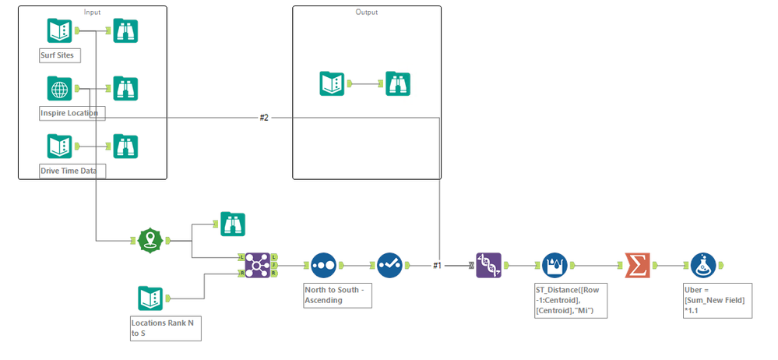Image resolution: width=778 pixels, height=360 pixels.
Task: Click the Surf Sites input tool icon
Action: point(60,31)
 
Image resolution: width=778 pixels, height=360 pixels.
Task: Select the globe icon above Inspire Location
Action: point(60,89)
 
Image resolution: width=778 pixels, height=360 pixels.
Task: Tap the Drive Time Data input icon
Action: point(60,146)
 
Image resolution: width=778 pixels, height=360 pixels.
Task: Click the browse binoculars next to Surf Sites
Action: point(125,31)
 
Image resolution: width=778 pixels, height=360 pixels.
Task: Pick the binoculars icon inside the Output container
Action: point(398,83)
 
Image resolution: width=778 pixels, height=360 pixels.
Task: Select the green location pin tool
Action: point(150,241)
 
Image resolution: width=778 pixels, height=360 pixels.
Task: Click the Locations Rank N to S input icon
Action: point(150,298)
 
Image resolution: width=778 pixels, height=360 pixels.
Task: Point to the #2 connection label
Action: point(264,117)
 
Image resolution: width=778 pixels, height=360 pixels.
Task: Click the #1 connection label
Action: point(437,266)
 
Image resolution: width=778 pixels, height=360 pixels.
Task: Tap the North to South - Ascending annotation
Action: point(335,295)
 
